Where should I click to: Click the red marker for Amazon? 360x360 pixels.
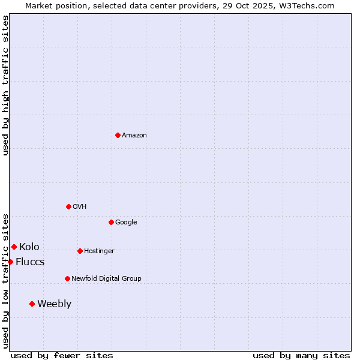pos(118,135)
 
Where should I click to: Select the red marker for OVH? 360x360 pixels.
pos(68,206)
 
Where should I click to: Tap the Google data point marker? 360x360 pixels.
pos(111,222)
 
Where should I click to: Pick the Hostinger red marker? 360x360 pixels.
pos(80,251)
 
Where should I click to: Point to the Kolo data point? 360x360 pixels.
pos(14,247)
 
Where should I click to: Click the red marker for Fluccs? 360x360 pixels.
pos(10,262)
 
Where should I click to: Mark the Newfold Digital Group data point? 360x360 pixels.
pos(67,278)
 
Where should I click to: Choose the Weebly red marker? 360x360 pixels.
pos(32,304)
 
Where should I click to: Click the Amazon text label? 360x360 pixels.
pos(134,136)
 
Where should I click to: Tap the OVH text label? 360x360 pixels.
pos(80,207)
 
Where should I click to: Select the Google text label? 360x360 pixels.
pos(126,223)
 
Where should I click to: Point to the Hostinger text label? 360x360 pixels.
pos(99,251)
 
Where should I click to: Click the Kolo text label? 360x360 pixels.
pos(29,247)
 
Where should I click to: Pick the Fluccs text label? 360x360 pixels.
pos(30,262)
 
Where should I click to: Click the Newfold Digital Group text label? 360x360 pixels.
pos(106,279)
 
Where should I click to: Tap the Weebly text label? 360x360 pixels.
pos(54,304)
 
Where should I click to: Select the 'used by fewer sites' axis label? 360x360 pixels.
pos(62,355)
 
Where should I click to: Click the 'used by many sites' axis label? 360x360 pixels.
pos(301,355)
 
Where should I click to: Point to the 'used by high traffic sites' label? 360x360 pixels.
pos(5,85)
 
